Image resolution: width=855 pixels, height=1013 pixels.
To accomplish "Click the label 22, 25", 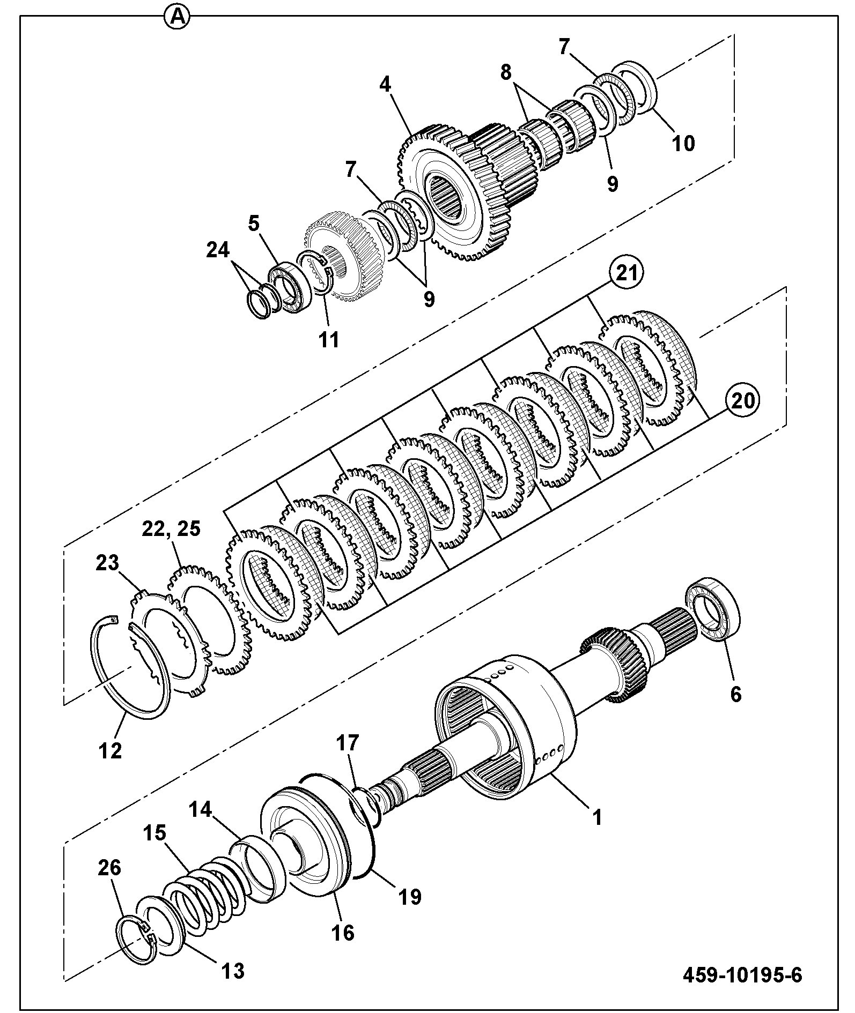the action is click(x=171, y=528).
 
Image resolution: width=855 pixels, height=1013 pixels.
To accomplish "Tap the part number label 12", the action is click(x=110, y=751).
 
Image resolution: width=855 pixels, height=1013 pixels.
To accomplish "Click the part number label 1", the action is click(x=596, y=818).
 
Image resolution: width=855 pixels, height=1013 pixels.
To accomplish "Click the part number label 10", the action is click(x=683, y=143).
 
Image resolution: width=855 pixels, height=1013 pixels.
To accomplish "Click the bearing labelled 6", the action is click(x=713, y=608).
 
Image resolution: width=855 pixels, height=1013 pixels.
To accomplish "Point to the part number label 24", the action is click(x=219, y=250).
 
